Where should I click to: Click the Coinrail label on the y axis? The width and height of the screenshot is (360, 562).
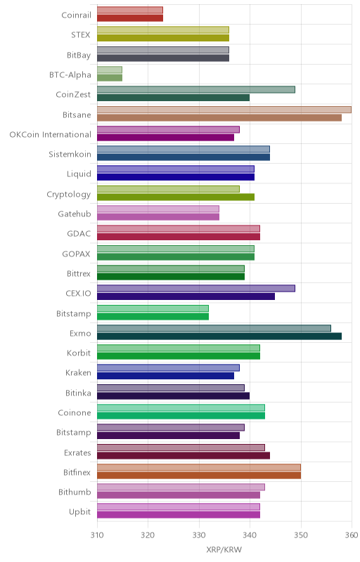76,15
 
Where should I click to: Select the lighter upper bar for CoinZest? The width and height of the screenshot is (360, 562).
196,90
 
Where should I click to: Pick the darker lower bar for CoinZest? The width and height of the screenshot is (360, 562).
173,98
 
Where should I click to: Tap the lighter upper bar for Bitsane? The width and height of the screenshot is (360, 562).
224,110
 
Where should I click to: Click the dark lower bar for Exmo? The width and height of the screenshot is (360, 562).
219,336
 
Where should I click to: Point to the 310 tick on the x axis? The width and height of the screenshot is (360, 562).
97,535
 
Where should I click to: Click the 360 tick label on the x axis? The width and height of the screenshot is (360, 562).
352,535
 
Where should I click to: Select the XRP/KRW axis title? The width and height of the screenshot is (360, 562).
224,549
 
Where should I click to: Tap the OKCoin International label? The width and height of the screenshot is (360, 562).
50,134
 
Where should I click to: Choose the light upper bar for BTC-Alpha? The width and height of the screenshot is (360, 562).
110,70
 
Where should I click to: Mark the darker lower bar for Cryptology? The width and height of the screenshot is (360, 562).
176,197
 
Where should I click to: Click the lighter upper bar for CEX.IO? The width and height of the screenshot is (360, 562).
196,289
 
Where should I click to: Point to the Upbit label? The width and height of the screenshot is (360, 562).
79,512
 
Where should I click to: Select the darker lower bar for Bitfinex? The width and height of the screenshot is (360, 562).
199,476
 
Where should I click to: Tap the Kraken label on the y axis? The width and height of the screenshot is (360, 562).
78,373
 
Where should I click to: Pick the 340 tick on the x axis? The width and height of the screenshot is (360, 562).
250,535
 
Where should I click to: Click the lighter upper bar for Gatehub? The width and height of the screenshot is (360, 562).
158,209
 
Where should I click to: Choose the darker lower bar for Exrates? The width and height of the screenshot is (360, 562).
184,455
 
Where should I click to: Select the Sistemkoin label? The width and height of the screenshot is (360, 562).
70,154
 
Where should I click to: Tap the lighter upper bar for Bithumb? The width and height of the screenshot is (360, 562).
181,487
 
